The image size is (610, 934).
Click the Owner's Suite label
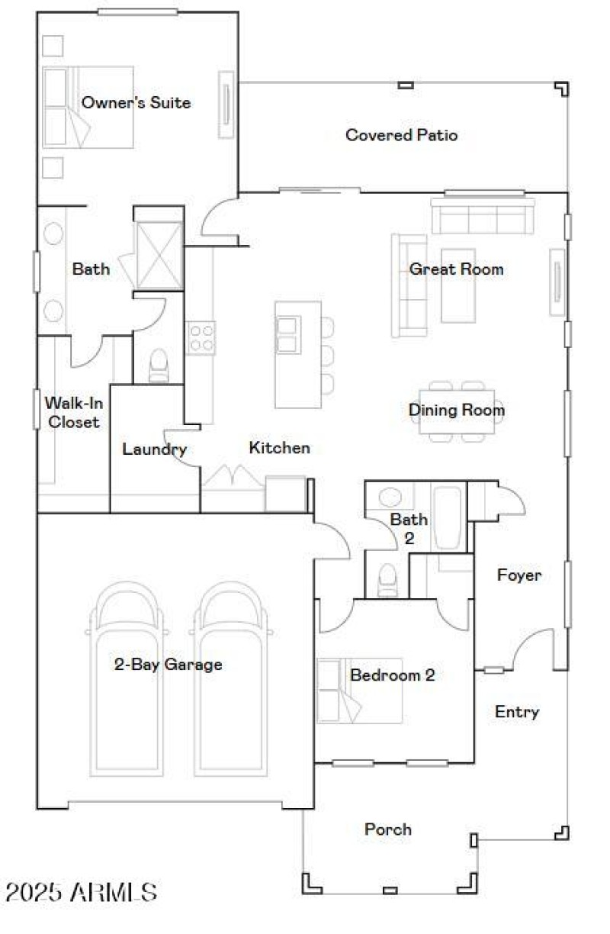point(136,102)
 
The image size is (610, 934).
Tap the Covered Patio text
point(401,135)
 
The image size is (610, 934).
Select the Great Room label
point(456,269)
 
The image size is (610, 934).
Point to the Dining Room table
point(456,411)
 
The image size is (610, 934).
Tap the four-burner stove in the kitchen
point(201,337)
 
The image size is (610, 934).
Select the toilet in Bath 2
point(387,581)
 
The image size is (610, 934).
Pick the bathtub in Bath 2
point(448,517)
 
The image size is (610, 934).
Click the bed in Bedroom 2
point(358,691)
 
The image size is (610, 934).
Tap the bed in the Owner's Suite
point(88,107)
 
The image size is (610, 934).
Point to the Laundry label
point(155,449)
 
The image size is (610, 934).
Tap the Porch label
point(387,829)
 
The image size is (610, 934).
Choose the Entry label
point(517,712)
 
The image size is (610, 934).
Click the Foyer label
point(519,575)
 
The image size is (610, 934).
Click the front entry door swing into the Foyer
point(534,649)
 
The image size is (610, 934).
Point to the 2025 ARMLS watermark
point(81,892)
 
